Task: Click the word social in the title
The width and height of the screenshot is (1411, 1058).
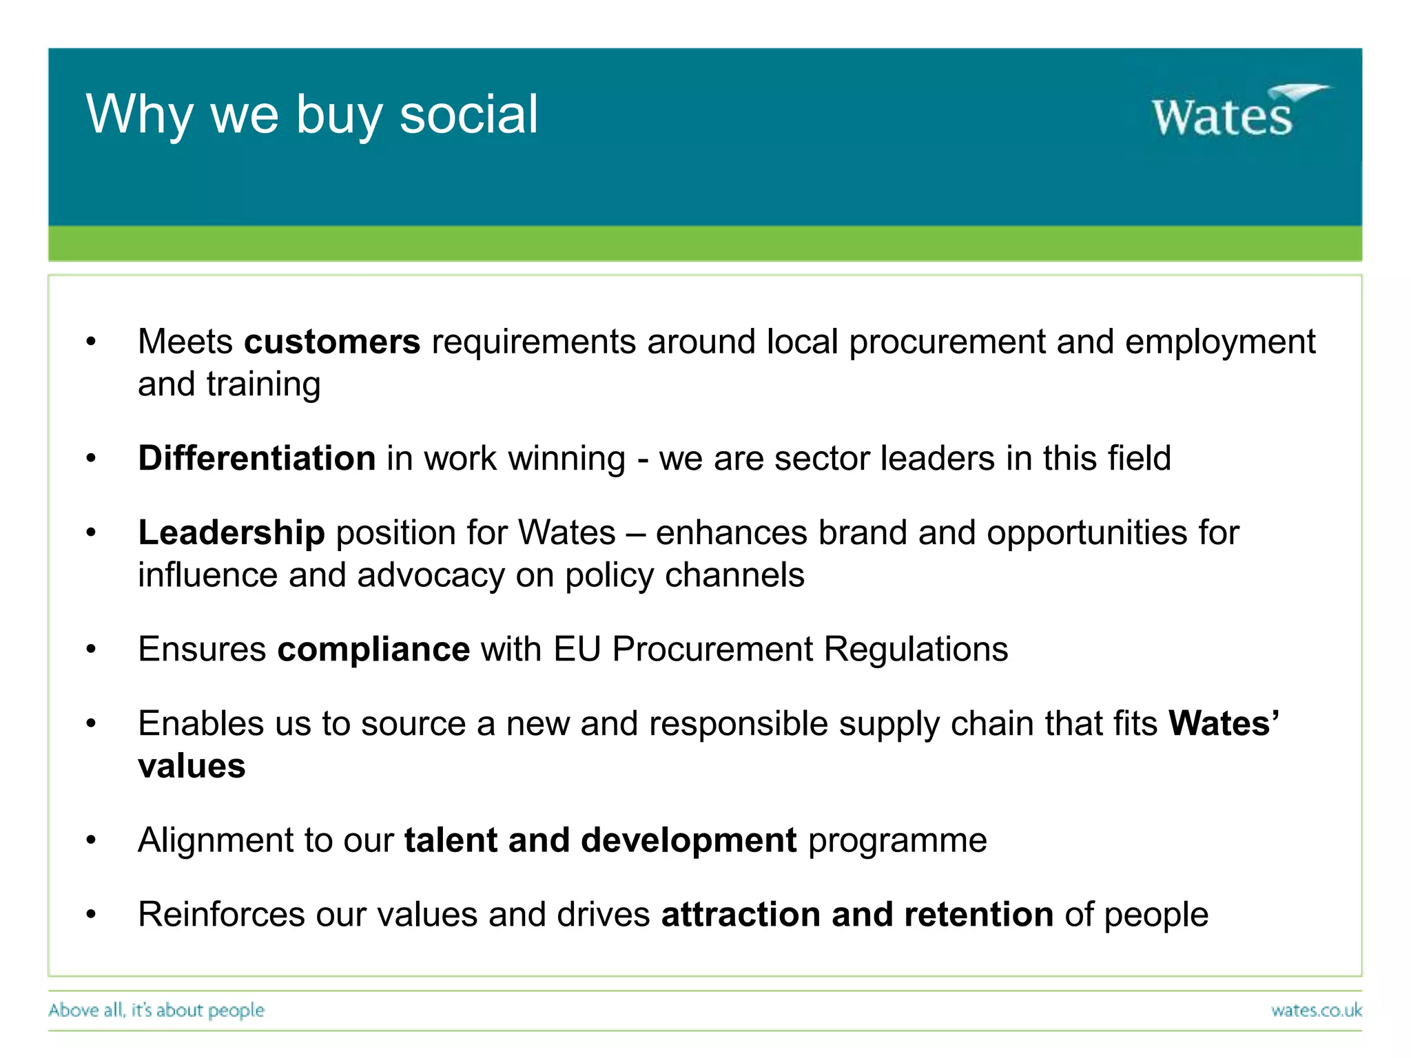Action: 468,114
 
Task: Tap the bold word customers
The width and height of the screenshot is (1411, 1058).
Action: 331,342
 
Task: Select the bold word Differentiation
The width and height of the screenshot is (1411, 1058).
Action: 256,458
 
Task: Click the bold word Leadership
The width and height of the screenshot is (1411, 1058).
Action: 231,532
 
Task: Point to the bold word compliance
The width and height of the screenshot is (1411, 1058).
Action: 373,649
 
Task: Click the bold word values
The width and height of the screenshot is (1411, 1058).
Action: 192,766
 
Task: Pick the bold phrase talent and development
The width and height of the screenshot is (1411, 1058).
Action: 600,840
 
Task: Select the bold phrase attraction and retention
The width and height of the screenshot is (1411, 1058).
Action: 857,915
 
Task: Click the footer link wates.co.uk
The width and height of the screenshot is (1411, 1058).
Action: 1316,1010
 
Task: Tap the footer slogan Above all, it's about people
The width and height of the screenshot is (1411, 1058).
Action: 156,1010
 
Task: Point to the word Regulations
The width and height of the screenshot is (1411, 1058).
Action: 916,649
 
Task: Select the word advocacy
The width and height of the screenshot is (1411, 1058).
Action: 431,575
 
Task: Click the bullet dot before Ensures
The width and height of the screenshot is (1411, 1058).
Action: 91,649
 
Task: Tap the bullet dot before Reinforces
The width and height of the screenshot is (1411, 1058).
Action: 91,915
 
